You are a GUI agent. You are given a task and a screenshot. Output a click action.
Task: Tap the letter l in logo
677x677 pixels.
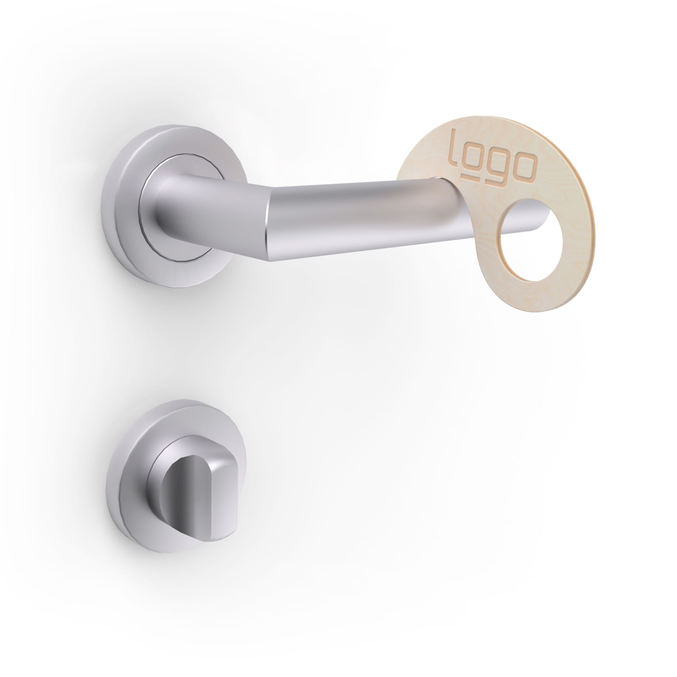454,144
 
